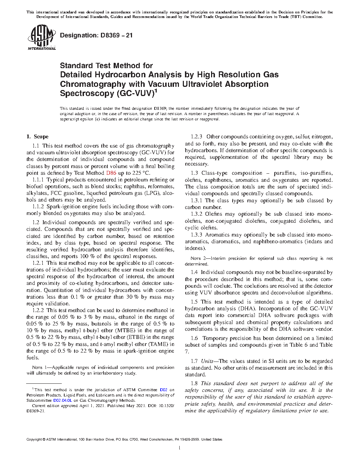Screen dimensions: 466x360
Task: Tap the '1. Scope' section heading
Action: click(x=38, y=137)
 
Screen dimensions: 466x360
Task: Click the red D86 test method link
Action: click(x=110, y=173)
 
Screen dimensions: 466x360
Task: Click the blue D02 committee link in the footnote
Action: click(x=163, y=390)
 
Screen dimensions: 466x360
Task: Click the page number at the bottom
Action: click(x=180, y=448)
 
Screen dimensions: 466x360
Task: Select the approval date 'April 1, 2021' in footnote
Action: click(x=69, y=406)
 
